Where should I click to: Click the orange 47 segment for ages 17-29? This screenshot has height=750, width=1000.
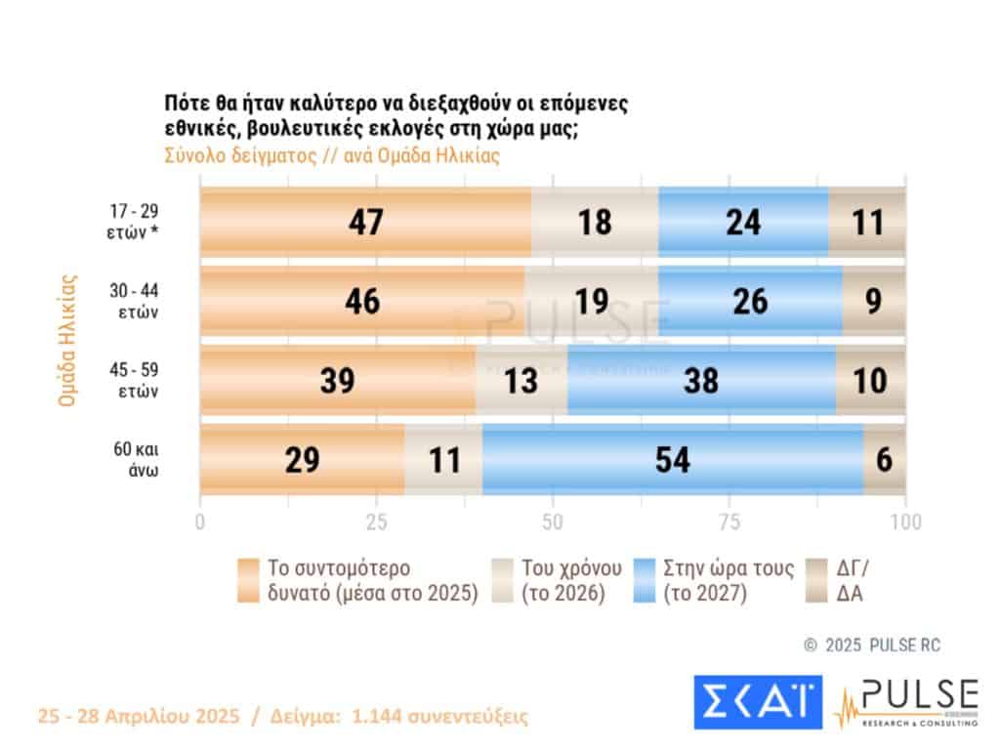coord(366,222)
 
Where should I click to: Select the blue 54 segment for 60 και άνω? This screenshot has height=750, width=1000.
coord(672,460)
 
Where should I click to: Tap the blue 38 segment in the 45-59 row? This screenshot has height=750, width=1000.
coord(700,380)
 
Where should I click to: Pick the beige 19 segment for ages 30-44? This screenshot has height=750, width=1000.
coord(591,301)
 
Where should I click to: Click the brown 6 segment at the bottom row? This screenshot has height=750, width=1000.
coord(885,460)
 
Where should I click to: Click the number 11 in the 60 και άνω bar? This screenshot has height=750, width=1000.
coord(443,460)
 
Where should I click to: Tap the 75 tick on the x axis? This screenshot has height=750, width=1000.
coord(729,521)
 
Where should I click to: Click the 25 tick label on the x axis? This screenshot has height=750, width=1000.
coord(377,521)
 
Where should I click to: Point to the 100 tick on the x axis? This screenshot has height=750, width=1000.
coord(905,521)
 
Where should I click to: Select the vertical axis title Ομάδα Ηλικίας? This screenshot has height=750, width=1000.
coord(67,340)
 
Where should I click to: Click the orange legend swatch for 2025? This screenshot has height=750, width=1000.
coord(248,582)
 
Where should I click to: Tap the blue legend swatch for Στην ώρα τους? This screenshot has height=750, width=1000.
coord(644,582)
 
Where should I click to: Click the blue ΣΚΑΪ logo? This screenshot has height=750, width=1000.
coord(758,702)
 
